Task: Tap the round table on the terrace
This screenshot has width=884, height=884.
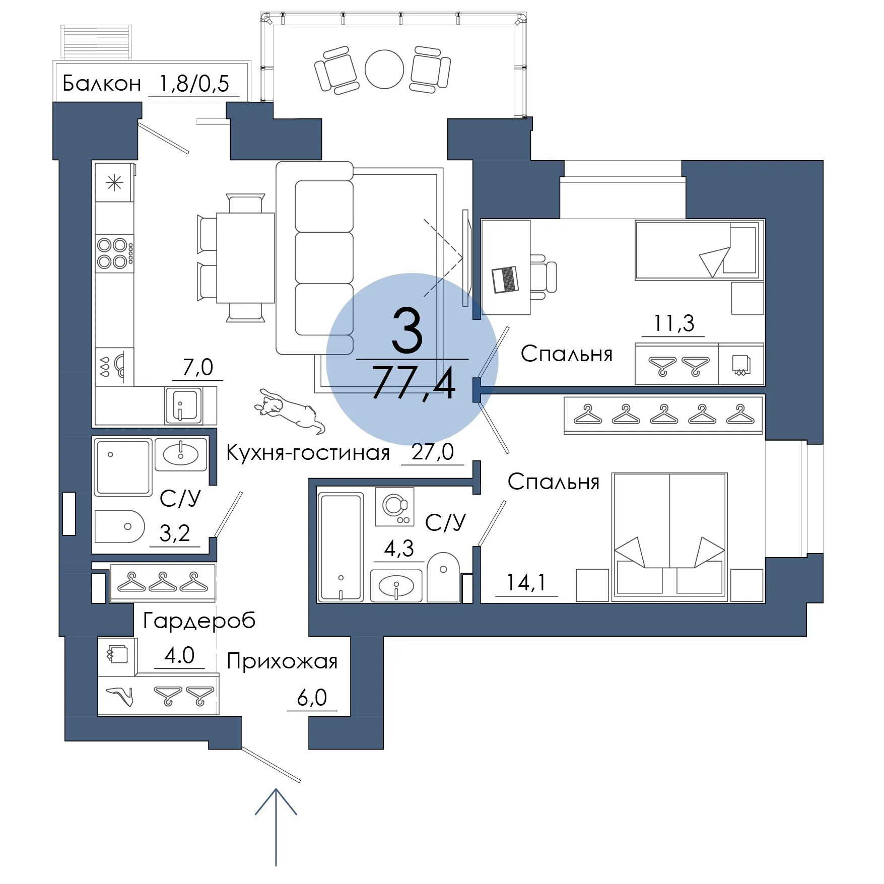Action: (384, 70)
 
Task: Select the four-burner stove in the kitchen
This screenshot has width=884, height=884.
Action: (115, 253)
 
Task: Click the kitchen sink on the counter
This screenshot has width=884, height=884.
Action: (184, 405)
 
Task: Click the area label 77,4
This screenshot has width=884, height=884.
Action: (414, 382)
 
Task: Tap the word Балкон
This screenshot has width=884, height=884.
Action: (102, 84)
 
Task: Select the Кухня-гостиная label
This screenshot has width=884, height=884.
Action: (308, 453)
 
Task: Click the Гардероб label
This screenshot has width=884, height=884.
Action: (199, 621)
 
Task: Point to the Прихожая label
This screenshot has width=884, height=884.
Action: (282, 661)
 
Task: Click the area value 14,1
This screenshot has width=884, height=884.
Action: (526, 583)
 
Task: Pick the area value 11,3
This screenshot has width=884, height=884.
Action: (673, 323)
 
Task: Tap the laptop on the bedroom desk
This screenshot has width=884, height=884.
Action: (505, 280)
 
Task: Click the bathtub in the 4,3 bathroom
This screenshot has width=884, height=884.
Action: (341, 547)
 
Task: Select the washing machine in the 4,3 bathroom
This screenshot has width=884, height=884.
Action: (395, 507)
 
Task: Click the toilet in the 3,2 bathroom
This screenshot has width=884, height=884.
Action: (119, 526)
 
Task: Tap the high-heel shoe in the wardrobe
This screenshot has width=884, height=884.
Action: (120, 696)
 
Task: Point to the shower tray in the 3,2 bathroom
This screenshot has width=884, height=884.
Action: (123, 468)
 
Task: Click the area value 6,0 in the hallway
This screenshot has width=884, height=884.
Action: (312, 698)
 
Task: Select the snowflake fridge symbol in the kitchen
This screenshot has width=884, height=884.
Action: (115, 182)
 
